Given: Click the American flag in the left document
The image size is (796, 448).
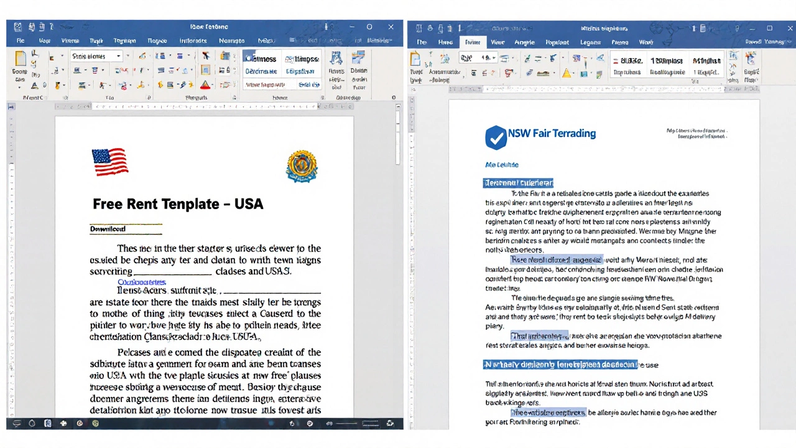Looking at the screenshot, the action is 110,162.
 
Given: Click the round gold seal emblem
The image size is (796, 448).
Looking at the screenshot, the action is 302,166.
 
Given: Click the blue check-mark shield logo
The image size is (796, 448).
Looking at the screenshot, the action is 495,137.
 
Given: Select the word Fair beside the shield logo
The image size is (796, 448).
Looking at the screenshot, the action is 540,133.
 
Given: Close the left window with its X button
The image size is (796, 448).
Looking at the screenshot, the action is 391,27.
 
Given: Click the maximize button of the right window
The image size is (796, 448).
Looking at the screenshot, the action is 769,28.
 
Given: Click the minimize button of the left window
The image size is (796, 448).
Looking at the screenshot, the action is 349,27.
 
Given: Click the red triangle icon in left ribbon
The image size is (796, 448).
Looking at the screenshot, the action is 205,85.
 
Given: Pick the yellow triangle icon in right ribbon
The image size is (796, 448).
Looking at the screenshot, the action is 567,73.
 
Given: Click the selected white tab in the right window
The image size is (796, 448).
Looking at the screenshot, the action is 473,42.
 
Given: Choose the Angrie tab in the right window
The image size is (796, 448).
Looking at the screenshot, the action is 524,42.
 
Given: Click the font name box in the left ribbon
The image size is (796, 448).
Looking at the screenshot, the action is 96,56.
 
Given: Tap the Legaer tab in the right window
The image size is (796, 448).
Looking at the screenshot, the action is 590,42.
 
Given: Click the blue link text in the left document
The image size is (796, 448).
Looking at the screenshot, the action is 141,282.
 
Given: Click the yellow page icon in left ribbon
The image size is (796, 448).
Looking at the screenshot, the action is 21,58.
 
